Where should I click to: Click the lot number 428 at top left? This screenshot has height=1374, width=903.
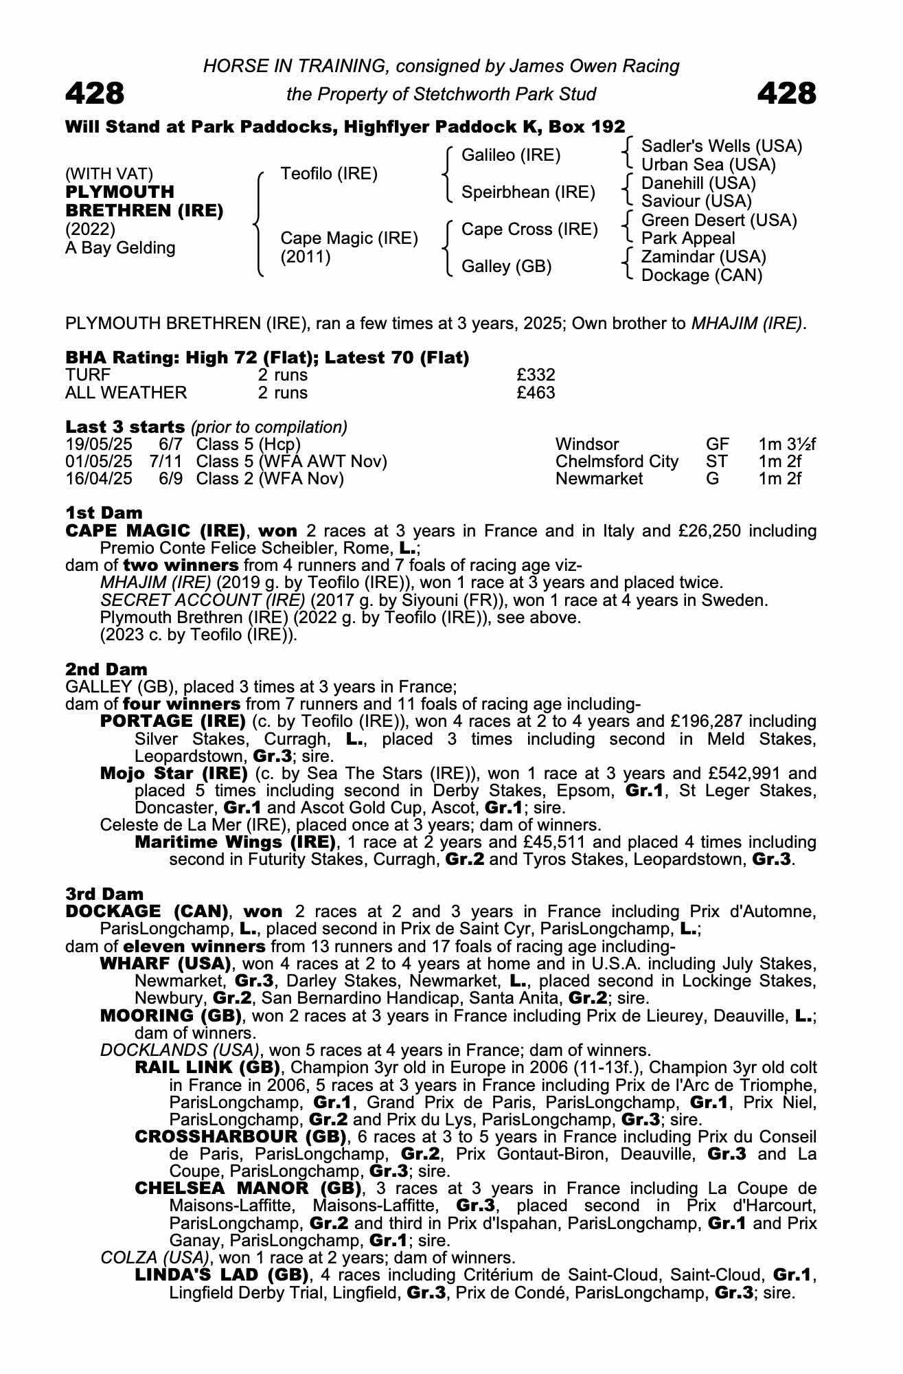pyautogui.click(x=95, y=93)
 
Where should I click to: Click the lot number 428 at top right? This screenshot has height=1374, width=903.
pyautogui.click(x=787, y=93)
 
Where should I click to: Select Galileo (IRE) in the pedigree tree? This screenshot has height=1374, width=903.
pyautogui.click(x=510, y=155)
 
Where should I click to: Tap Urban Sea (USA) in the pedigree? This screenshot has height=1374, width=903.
pyautogui.click(x=708, y=165)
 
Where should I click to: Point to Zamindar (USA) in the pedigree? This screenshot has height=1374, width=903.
pyautogui.click(x=703, y=257)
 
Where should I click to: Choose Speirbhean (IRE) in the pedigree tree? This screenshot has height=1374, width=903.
pyautogui.click(x=527, y=192)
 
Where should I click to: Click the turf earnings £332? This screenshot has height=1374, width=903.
pyautogui.click(x=536, y=375)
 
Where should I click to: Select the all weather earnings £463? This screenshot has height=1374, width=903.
pyautogui.click(x=536, y=393)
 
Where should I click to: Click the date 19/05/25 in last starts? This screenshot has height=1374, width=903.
pyautogui.click(x=99, y=444)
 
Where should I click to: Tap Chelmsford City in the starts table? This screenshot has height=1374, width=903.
pyautogui.click(x=616, y=462)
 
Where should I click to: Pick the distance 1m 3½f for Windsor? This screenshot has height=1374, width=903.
pyautogui.click(x=787, y=444)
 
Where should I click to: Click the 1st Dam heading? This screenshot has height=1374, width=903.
pyautogui.click(x=104, y=513)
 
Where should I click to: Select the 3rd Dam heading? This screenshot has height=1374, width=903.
pyautogui.click(x=104, y=894)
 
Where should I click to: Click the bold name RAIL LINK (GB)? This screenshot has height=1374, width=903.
pyautogui.click(x=207, y=1068)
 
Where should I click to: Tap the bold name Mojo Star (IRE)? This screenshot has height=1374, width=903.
pyautogui.click(x=173, y=774)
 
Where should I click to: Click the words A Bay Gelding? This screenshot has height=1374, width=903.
pyautogui.click(x=120, y=248)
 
